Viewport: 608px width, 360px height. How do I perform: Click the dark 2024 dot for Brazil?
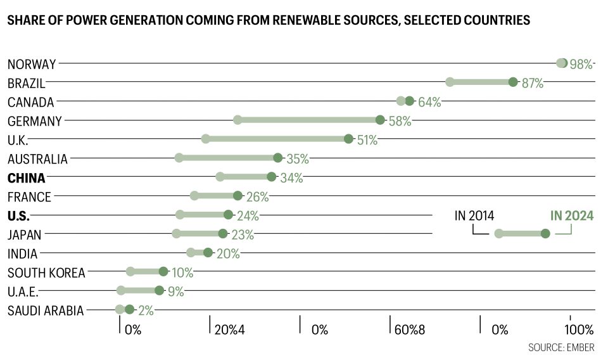(513, 82)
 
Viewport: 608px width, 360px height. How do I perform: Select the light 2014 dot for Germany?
(237, 120)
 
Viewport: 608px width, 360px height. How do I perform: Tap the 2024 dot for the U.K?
(348, 139)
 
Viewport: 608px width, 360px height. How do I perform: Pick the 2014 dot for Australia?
(179, 158)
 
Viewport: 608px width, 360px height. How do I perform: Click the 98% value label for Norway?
(581, 64)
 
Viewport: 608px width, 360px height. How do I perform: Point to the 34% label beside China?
(291, 178)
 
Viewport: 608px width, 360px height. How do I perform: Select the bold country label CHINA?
(27, 177)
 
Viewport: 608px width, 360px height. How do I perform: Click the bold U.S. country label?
(18, 215)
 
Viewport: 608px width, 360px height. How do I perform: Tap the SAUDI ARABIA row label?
(46, 311)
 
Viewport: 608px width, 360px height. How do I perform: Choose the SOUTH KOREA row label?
(46, 273)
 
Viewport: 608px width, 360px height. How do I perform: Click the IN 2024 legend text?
(572, 216)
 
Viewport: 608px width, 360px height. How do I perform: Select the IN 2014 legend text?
(474, 216)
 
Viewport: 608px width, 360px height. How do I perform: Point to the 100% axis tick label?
(579, 330)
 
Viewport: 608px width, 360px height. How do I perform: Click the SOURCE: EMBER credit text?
(561, 348)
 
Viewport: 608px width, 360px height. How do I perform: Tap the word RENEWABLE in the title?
(312, 20)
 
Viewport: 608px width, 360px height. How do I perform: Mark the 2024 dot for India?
(208, 253)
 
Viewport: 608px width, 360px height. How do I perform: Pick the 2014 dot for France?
(194, 196)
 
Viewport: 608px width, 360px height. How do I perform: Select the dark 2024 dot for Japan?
(223, 234)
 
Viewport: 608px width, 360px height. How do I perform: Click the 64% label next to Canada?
(429, 102)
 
